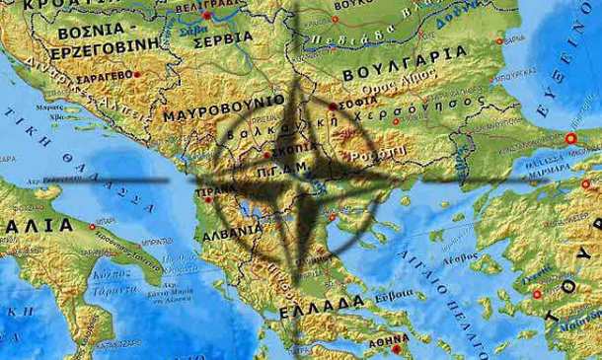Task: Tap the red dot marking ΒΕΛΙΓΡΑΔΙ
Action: click(x=206, y=17)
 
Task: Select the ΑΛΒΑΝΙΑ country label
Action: click(x=232, y=235)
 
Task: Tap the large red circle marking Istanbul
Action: click(x=571, y=138)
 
